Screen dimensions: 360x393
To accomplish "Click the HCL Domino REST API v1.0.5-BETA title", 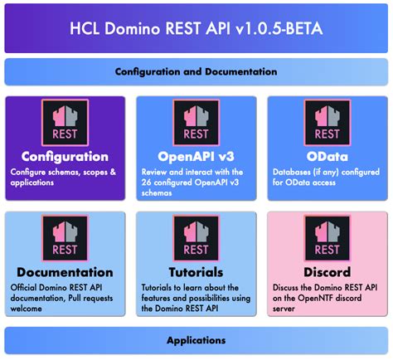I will click(x=196, y=31).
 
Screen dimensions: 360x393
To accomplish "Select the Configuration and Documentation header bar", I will click(x=196, y=72).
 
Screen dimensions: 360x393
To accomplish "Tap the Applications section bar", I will click(x=196, y=340).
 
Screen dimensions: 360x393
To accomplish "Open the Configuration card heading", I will click(x=65, y=156).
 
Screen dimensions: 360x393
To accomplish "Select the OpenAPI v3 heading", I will click(x=196, y=156).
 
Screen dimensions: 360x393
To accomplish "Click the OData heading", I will click(x=327, y=156).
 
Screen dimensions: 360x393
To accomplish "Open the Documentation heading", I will click(x=65, y=272).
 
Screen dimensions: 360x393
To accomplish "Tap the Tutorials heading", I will click(x=196, y=272).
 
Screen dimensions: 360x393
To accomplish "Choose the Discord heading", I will click(x=327, y=272).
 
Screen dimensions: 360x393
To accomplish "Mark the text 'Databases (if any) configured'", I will click(x=319, y=172).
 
